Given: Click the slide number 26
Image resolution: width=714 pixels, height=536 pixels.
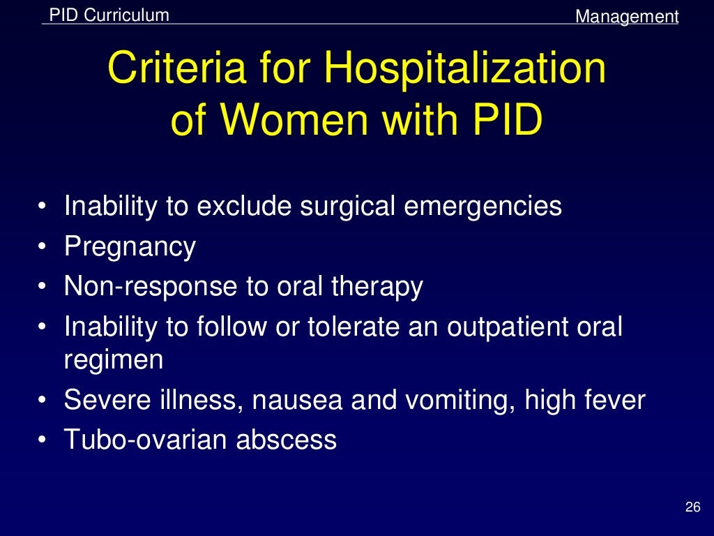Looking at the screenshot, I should (x=692, y=507).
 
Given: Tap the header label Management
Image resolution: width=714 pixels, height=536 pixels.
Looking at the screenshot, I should (x=626, y=16).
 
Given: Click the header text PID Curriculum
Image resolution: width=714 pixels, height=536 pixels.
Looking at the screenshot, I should (x=109, y=15).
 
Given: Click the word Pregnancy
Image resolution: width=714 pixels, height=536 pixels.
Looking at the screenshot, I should (x=130, y=247).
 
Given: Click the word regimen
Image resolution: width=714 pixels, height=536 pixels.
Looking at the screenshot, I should (x=114, y=361).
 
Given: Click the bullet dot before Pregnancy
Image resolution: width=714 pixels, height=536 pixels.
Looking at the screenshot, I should (x=44, y=248).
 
